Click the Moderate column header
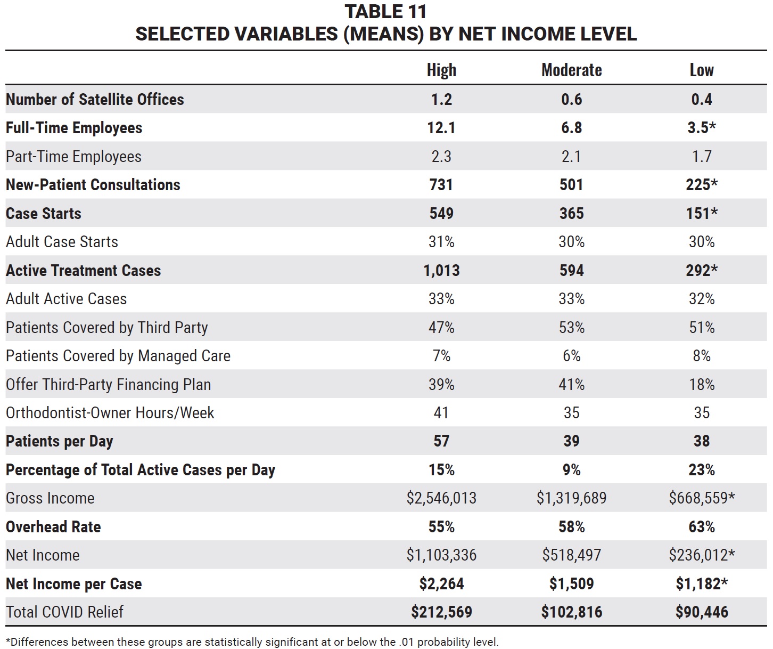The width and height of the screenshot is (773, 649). [571, 70]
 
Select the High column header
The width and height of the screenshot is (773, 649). [441, 70]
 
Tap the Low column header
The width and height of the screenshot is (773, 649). [702, 70]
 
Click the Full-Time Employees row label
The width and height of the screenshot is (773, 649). [74, 128]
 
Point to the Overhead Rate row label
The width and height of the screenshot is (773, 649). [53, 526]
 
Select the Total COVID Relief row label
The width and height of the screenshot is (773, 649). [64, 612]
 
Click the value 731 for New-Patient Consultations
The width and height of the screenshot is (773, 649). [441, 184]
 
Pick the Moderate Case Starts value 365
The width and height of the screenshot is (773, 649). [572, 213]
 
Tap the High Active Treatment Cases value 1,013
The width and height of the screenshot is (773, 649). [441, 271]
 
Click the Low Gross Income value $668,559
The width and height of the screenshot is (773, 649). [702, 498]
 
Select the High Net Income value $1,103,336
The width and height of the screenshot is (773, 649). [441, 555]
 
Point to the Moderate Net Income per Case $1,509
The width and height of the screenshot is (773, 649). [572, 584]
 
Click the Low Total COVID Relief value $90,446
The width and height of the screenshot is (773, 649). [702, 612]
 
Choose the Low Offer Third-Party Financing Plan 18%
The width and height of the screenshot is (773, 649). [702, 384]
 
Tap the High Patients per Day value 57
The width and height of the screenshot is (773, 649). [441, 441]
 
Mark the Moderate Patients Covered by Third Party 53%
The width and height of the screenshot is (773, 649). [572, 328]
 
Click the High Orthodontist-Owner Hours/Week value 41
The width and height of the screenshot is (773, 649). [441, 413]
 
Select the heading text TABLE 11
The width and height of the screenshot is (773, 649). [386, 12]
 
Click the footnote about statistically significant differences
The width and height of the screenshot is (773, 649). [252, 642]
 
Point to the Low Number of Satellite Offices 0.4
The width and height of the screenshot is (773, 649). [702, 99]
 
